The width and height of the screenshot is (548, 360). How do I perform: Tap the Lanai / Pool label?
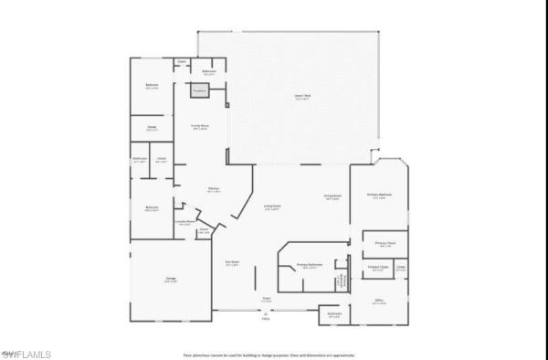pyautogui.click(x=300, y=97)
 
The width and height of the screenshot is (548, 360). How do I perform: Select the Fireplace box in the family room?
pyautogui.click(x=200, y=90)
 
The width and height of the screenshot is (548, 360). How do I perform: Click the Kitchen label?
pyautogui.click(x=213, y=190)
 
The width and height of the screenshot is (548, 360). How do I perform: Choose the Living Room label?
pyautogui.click(x=271, y=208)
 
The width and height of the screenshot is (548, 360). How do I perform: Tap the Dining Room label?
pyautogui.click(x=332, y=196)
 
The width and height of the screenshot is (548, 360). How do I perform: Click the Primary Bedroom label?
pyautogui.click(x=379, y=196)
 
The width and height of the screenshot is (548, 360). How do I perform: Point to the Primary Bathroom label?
pyautogui.click(x=310, y=265)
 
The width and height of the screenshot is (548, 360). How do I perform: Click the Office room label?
pyautogui.click(x=379, y=301)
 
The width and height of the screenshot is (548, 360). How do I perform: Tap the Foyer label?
pyautogui.click(x=267, y=298)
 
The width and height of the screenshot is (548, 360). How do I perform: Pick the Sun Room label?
pyautogui.click(x=232, y=264)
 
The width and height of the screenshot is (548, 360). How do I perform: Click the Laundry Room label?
pyautogui.click(x=184, y=221)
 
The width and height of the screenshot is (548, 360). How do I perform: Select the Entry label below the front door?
pyautogui.click(x=266, y=319)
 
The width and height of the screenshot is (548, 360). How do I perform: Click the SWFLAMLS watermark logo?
pyautogui.click(x=26, y=353)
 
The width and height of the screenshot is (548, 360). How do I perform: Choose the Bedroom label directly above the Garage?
pyautogui.click(x=152, y=209)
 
